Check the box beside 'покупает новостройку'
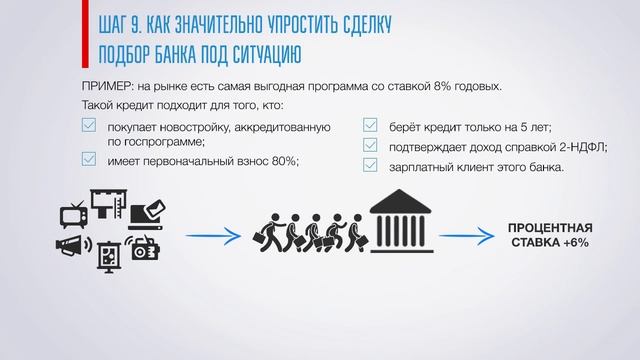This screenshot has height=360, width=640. click(88, 126)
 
